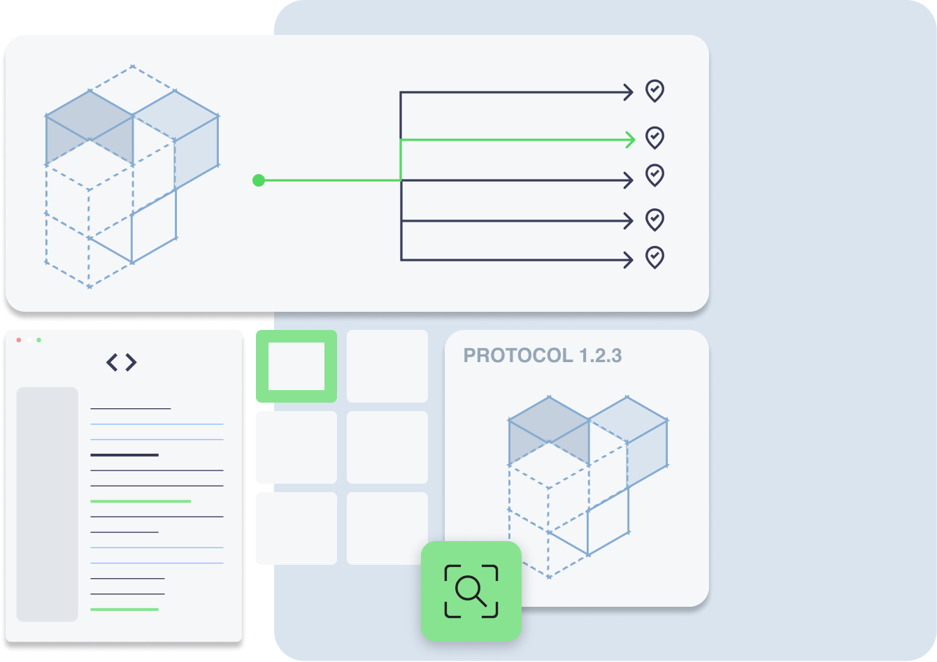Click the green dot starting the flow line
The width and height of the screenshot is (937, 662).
259,180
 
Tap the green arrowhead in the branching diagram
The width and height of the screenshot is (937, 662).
631,140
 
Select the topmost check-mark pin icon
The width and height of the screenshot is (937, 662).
655,91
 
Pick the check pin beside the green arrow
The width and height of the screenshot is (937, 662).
655,138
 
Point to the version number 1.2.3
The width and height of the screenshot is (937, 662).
600,355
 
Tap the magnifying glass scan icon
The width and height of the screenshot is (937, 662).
471,591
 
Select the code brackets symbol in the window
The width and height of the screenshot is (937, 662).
121,362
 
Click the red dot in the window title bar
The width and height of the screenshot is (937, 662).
18,340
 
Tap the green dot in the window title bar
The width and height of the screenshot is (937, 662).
39,340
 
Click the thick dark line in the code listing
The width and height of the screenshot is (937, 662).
124,455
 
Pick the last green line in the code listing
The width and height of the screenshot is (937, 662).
124,610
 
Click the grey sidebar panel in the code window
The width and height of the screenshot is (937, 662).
48,504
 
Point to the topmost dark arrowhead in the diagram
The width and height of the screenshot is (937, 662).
629,92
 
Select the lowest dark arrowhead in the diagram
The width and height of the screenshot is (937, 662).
629,260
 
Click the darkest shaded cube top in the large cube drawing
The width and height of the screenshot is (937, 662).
89,115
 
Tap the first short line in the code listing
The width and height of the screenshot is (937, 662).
131,408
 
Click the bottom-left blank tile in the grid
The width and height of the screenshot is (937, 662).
296,528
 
